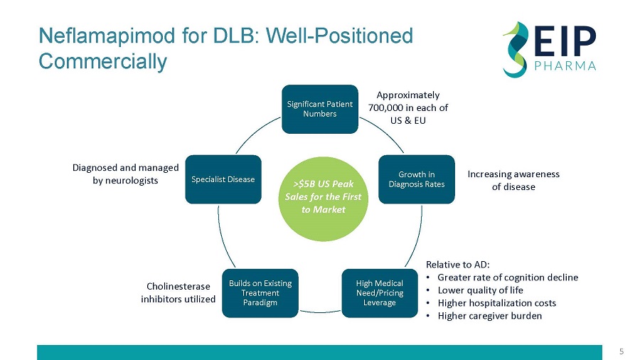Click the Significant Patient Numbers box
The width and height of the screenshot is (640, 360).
pos(319,109)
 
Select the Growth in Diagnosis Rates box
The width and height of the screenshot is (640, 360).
pos(416,179)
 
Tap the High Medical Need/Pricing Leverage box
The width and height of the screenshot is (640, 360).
pos(379,293)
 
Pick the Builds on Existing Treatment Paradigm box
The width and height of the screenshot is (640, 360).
pos(260,293)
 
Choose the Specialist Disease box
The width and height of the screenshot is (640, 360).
pos(223,179)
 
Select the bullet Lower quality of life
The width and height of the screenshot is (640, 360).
pos(480,290)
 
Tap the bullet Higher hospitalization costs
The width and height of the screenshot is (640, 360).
pos(496,303)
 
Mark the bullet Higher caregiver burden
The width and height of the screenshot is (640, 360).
pos(489,316)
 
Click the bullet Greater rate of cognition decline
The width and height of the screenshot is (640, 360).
pos(508,277)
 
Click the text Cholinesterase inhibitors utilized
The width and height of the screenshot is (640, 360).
pos(178,292)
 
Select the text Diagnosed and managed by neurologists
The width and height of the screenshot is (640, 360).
pos(125,174)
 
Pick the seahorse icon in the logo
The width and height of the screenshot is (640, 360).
pos(515,48)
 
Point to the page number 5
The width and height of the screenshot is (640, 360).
pos(621,351)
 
